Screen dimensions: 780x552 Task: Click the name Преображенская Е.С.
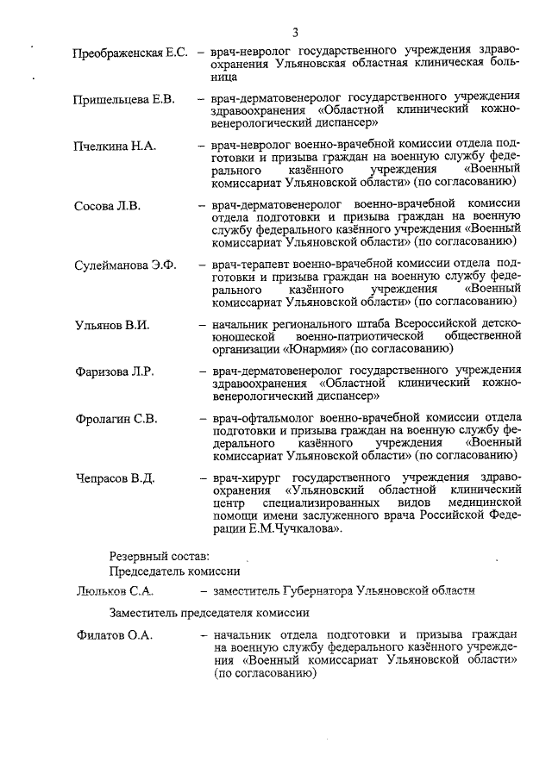pyautogui.click(x=130, y=53)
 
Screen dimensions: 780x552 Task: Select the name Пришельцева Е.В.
pyautogui.click(x=124, y=99)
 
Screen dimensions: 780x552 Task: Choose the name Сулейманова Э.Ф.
pyautogui.click(x=125, y=265)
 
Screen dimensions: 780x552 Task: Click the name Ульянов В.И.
pyautogui.click(x=112, y=325)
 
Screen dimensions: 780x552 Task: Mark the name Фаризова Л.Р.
pyautogui.click(x=114, y=371)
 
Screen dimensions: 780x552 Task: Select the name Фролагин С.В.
pyautogui.click(x=116, y=419)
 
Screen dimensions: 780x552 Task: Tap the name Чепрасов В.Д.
pyautogui.click(x=114, y=477)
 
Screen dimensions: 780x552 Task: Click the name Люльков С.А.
pyautogui.click(x=114, y=590)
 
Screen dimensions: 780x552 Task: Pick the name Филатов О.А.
pyautogui.click(x=112, y=635)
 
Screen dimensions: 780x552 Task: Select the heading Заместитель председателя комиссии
pyautogui.click(x=209, y=613)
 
